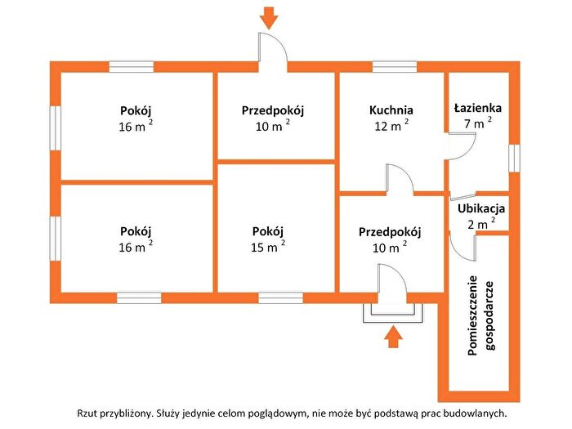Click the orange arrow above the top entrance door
(x=269, y=18)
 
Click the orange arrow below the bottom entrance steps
(x=393, y=337)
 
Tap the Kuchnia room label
(x=391, y=109)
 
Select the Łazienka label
(x=478, y=108)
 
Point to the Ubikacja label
(x=481, y=208)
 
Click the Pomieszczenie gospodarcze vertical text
(x=481, y=315)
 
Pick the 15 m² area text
(x=268, y=246)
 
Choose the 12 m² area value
(x=391, y=125)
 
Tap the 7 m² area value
(x=478, y=123)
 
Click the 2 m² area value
(x=481, y=223)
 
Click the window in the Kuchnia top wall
(x=395, y=67)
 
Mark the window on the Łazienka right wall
(x=514, y=158)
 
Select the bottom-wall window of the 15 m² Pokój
(x=280, y=298)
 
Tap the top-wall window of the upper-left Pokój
(x=132, y=67)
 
